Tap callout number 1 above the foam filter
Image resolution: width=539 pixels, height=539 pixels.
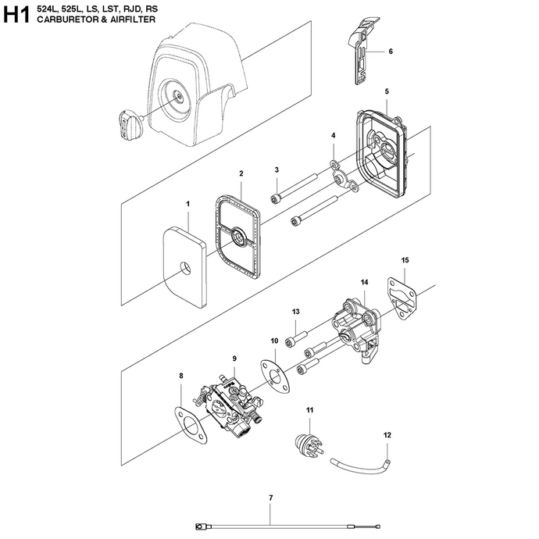187,204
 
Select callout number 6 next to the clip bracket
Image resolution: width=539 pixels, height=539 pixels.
390,52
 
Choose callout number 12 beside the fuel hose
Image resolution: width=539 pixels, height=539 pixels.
388,435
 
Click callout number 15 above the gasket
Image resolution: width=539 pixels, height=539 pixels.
405,260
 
